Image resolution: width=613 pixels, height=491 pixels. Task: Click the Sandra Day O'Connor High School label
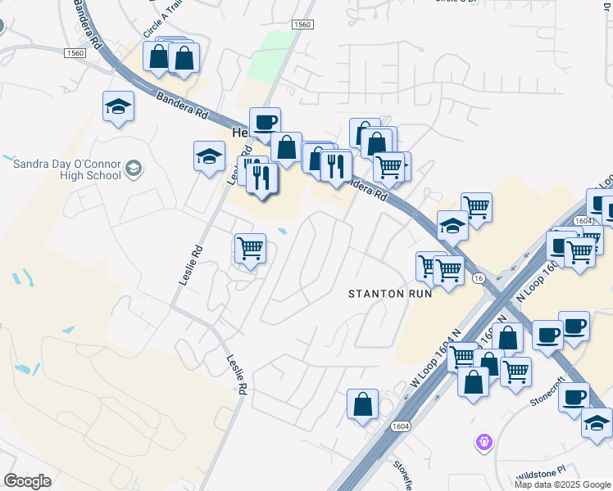coord(67,169)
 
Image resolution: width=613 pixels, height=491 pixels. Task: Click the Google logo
coord(27,481)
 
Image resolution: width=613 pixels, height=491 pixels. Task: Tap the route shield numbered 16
coord(477,279)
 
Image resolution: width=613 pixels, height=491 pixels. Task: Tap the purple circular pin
coord(484,442)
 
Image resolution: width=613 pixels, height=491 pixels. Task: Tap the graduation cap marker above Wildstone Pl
coord(597,422)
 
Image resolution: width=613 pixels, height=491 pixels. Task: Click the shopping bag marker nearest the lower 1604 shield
coord(362,404)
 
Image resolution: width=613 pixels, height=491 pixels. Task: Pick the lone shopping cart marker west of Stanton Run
coord(250,248)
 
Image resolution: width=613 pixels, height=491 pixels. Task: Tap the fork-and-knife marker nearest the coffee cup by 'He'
coord(262,178)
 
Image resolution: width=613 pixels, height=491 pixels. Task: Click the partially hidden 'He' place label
coord(238,133)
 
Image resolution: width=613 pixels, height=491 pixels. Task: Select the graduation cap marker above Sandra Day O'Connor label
coord(119,106)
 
